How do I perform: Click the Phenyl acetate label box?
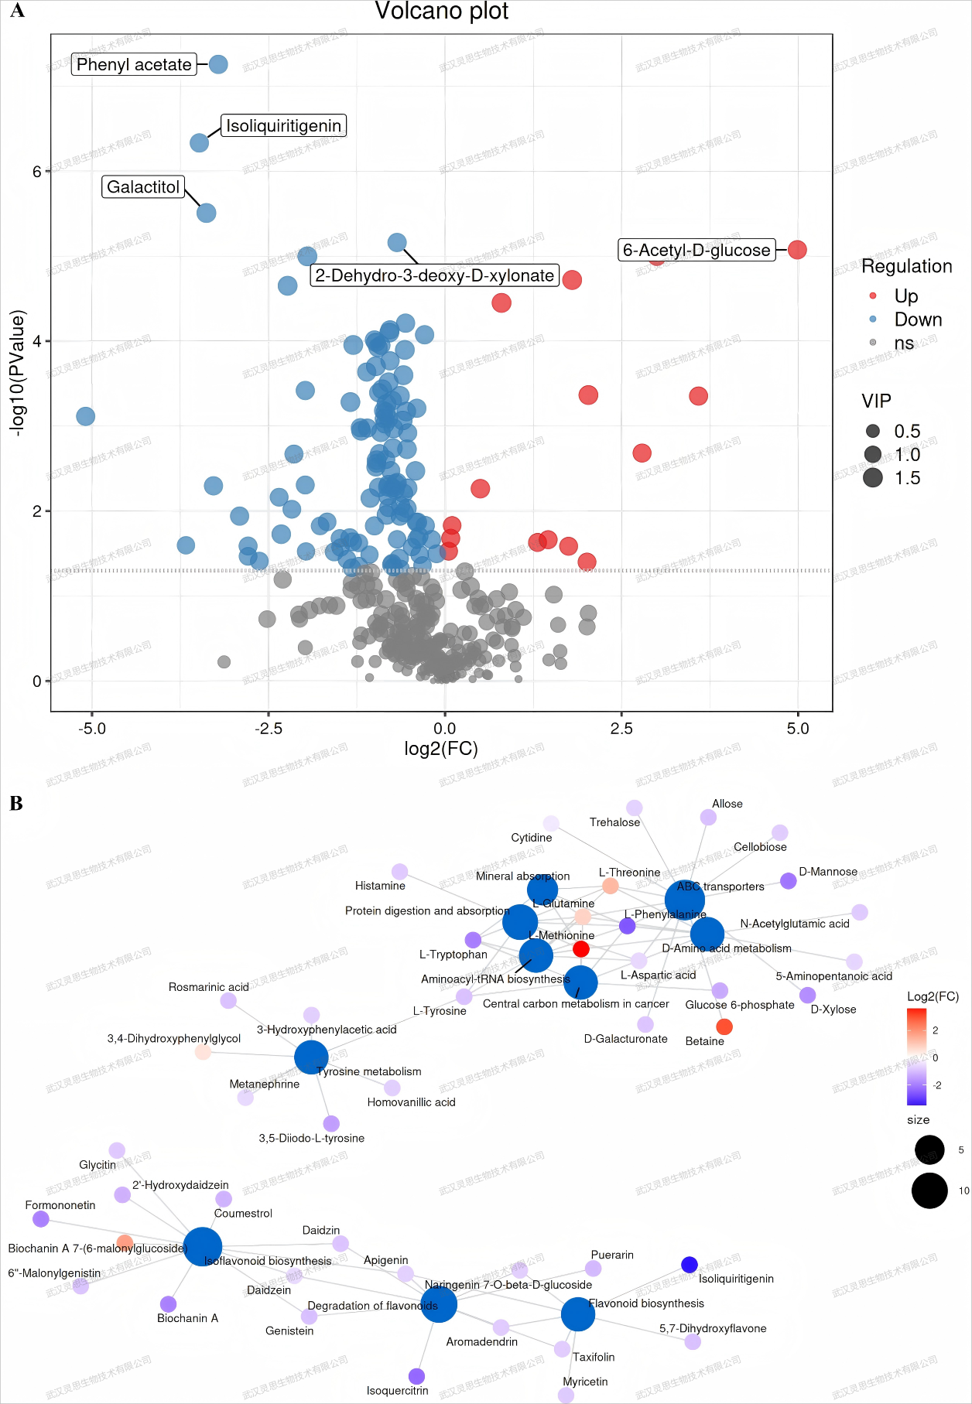click(x=134, y=64)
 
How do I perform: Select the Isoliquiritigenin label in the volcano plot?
click(x=283, y=126)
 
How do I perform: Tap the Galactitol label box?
click(x=143, y=187)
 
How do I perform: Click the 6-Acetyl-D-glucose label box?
click(x=696, y=250)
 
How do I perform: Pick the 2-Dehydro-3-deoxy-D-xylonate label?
click(x=434, y=275)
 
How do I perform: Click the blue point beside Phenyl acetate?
click(x=219, y=64)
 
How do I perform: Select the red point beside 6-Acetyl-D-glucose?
click(x=797, y=250)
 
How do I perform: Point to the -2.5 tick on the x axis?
click(x=269, y=728)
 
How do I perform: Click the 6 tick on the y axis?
click(x=36, y=171)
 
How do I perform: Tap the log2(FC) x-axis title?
click(x=441, y=749)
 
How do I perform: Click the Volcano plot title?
click(x=441, y=12)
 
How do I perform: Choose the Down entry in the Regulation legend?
click(x=918, y=319)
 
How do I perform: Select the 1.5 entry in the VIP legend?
click(x=907, y=478)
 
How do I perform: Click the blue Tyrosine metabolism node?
click(x=311, y=1057)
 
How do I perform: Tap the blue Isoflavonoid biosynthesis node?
click(x=203, y=1246)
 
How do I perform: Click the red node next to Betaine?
click(x=724, y=1027)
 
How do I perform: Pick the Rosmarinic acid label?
click(x=209, y=987)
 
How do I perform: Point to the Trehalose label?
click(x=614, y=822)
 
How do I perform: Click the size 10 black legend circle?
click(x=929, y=1190)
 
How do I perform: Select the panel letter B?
click(x=16, y=804)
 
